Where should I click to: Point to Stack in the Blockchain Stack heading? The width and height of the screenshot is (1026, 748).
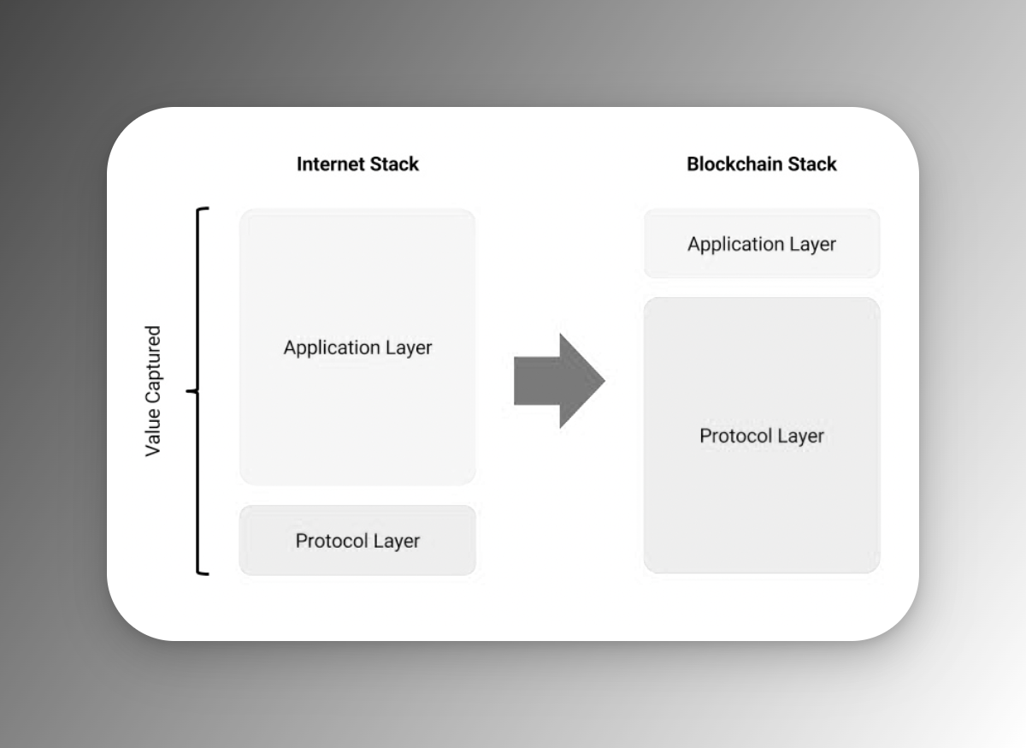(x=811, y=164)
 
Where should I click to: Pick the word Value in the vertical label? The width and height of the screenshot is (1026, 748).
(x=153, y=434)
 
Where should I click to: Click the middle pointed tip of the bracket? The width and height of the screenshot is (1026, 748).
(x=190, y=392)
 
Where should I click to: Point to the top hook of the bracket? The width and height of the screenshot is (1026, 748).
(x=203, y=209)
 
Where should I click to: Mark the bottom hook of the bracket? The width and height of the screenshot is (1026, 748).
(x=203, y=573)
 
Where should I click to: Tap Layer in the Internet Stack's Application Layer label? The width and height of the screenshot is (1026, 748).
(x=408, y=348)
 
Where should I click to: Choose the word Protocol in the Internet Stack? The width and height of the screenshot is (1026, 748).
(x=328, y=541)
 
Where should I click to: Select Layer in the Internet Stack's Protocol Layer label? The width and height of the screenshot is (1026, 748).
(x=395, y=541)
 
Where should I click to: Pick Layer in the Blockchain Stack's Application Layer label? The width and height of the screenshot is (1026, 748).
(x=811, y=245)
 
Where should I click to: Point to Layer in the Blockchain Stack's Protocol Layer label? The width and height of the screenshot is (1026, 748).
(x=799, y=436)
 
